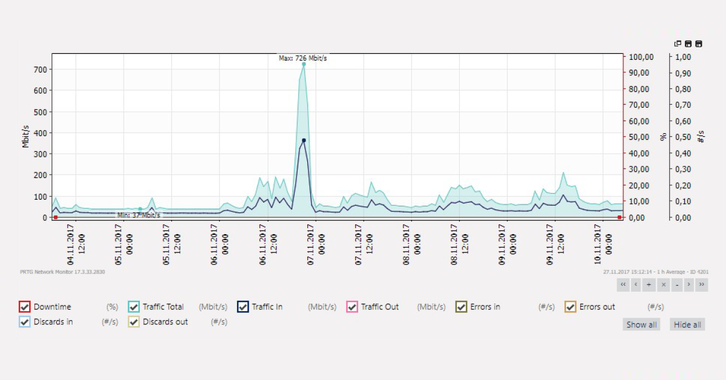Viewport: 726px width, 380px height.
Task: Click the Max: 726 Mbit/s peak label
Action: (302, 58)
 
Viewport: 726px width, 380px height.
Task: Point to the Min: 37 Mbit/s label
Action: (139, 215)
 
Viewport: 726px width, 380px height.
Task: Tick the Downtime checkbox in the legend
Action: (24, 307)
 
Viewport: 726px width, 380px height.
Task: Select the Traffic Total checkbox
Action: (134, 307)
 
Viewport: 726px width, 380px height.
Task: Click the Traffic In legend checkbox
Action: (243, 307)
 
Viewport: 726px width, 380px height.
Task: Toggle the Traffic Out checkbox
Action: (352, 307)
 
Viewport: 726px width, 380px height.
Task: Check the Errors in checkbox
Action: (461, 307)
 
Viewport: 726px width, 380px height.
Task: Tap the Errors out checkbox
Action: (571, 307)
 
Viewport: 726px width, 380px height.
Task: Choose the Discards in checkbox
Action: (24, 322)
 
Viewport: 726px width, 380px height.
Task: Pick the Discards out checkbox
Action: (134, 322)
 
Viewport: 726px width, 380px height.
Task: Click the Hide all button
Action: (687, 325)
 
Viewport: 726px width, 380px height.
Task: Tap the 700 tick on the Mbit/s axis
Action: (40, 70)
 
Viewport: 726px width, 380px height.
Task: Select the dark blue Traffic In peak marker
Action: (304, 140)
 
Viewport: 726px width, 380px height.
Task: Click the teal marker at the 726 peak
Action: (304, 64)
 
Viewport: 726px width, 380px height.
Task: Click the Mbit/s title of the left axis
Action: (26, 136)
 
